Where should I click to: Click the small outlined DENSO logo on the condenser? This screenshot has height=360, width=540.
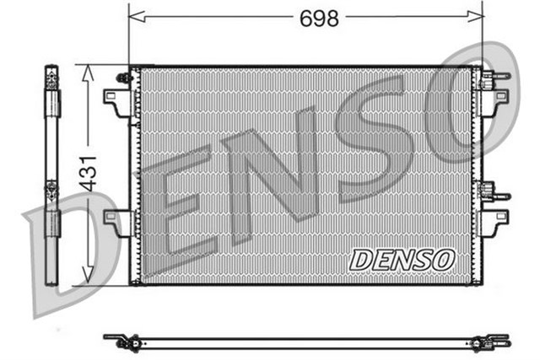(x=402, y=259)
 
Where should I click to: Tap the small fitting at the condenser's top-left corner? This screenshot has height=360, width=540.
(x=123, y=78)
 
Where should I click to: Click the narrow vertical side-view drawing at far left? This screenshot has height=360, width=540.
(x=51, y=169)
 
